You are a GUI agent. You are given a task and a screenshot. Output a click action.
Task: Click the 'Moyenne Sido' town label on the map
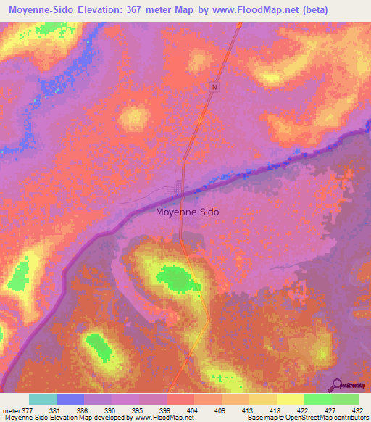point(187,212)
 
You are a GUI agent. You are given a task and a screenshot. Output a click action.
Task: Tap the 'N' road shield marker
point(214,87)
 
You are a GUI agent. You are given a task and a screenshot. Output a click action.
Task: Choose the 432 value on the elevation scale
point(357,410)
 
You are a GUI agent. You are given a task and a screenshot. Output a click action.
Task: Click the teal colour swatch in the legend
point(42,400)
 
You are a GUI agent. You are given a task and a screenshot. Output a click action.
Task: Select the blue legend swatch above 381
point(70,400)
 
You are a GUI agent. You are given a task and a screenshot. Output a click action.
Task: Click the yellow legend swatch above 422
point(290,400)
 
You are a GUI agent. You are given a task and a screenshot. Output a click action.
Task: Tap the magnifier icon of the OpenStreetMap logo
point(336,385)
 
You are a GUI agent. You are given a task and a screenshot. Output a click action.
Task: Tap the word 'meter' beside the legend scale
point(12,410)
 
